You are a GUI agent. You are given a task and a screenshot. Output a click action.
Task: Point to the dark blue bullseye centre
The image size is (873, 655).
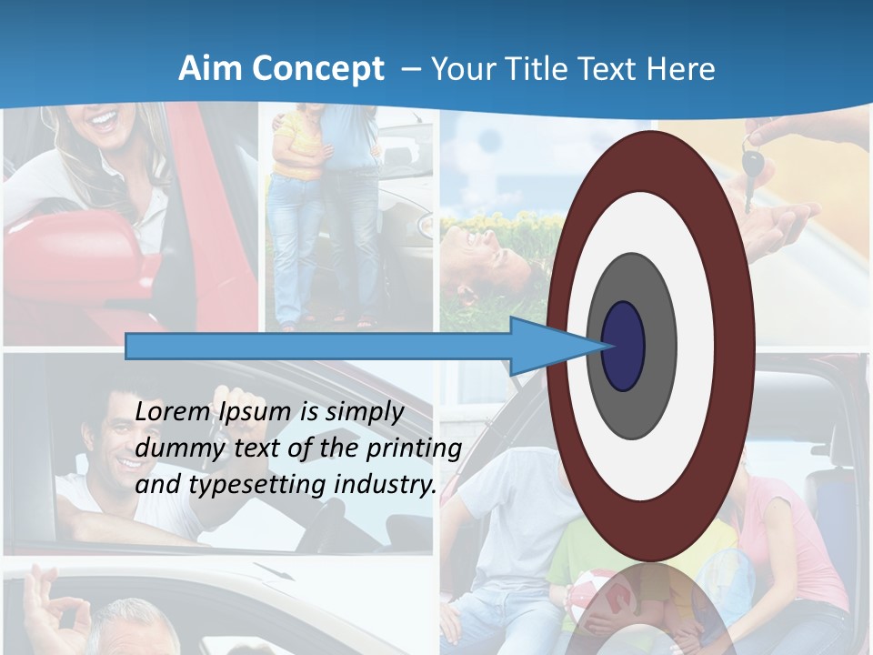[x=624, y=347]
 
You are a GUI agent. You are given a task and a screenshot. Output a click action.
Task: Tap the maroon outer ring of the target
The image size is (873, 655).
[x=737, y=346]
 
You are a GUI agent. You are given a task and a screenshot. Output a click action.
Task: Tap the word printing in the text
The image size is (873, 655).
[x=414, y=448]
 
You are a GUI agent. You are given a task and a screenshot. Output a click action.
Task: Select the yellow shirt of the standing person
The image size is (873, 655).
[x=300, y=146]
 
